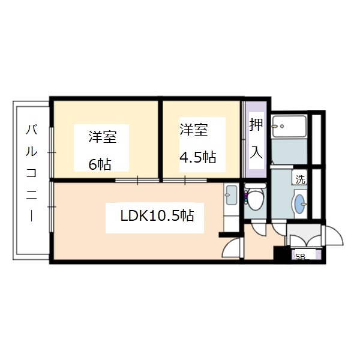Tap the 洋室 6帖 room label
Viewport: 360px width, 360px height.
click(x=101, y=149)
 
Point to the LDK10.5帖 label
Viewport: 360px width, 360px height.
click(x=157, y=215)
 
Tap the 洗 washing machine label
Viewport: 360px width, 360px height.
click(x=299, y=178)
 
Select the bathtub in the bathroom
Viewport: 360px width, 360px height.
click(x=289, y=125)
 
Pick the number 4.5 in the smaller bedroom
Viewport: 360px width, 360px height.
click(x=190, y=157)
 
